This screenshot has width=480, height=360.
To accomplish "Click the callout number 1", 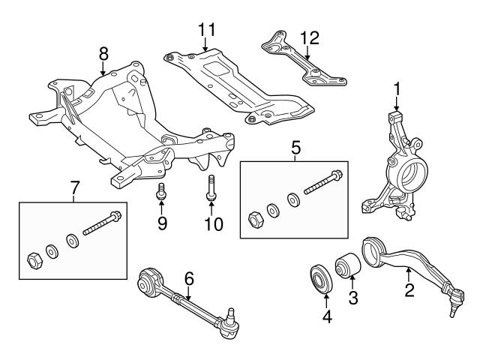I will click(x=397, y=91).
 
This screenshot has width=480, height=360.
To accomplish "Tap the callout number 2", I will click(x=409, y=289).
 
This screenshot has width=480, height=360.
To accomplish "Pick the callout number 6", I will click(x=189, y=277).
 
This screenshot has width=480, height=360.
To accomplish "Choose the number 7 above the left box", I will click(x=73, y=188).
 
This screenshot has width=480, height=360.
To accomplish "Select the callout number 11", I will click(x=206, y=31).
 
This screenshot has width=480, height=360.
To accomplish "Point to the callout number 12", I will click(x=309, y=37).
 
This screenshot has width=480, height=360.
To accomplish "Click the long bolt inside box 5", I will click(x=318, y=186).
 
